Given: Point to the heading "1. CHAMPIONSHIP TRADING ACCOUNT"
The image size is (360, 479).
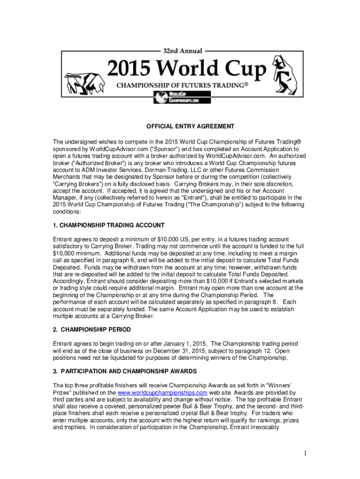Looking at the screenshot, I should click(x=108, y=225).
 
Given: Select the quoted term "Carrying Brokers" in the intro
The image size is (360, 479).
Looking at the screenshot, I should click(x=75, y=184).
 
